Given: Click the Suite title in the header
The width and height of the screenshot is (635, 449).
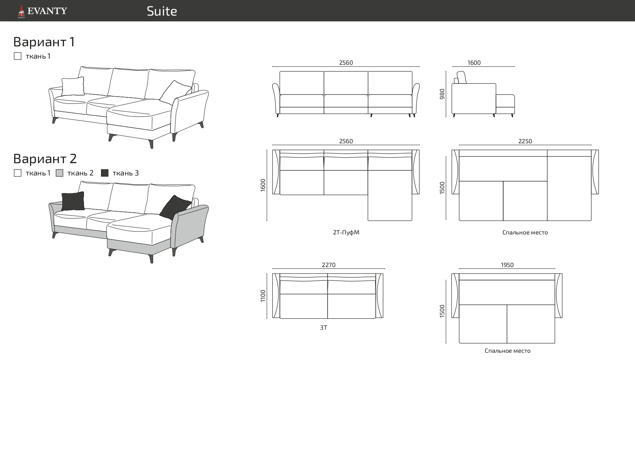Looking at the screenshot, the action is [x=162, y=11].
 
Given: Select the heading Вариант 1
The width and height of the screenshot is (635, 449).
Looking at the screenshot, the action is [x=44, y=42].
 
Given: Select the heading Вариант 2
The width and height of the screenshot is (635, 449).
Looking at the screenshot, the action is [x=45, y=158].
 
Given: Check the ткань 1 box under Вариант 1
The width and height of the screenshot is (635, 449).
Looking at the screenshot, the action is [x=17, y=56].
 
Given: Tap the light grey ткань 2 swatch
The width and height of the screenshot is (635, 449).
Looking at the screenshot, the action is [x=60, y=173].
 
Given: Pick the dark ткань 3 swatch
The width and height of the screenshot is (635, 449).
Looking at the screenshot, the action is [x=105, y=173].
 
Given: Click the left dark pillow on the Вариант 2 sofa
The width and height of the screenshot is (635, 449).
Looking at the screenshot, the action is [x=73, y=201].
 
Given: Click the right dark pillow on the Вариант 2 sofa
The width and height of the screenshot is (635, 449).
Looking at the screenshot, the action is [x=175, y=207].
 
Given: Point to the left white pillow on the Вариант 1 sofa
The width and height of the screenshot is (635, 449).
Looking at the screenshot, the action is [x=73, y=86].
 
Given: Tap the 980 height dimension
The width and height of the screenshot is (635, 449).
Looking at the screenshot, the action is [x=442, y=94].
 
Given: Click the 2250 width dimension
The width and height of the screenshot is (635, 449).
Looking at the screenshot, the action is [x=525, y=141].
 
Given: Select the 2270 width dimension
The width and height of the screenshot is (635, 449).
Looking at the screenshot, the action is [x=328, y=265].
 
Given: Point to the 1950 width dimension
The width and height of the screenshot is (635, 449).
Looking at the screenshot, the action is [x=507, y=265].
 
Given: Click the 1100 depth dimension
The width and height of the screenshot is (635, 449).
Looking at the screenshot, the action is [x=263, y=296].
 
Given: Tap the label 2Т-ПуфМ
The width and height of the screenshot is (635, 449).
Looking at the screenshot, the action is [x=346, y=232].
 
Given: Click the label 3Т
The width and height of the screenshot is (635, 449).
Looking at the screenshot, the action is [x=323, y=327].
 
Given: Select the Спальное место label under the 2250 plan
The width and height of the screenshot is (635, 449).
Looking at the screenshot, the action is [x=525, y=232].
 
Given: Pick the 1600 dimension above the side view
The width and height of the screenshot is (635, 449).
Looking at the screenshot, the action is [x=474, y=63].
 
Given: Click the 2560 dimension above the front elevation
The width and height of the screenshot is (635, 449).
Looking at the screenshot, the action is [x=346, y=63].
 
